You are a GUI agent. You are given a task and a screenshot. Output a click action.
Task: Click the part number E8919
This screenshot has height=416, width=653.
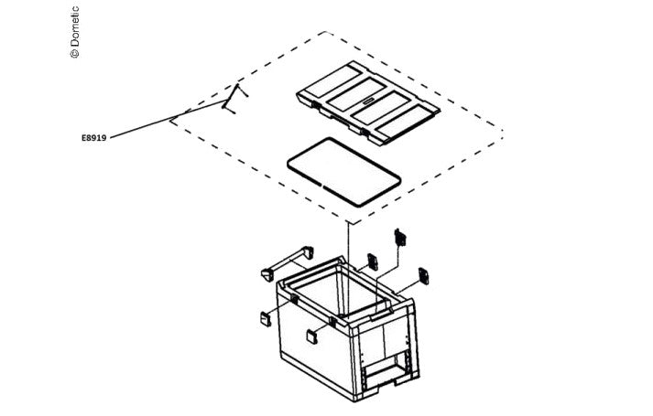(93, 137)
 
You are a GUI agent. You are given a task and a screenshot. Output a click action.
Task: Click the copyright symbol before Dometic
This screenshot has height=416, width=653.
(74, 54)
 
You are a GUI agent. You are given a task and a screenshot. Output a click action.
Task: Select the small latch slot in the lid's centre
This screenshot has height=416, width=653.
(369, 101)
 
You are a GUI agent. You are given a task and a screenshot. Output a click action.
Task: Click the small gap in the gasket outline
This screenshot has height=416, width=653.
(322, 183)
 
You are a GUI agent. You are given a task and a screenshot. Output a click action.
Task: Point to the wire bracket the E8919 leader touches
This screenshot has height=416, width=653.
(234, 99)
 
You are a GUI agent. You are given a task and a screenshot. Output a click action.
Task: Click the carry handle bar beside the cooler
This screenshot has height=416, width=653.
(288, 262)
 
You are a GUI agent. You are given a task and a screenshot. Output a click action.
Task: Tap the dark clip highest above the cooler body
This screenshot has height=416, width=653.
(400, 237)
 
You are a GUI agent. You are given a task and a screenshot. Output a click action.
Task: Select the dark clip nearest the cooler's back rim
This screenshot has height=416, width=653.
(373, 261)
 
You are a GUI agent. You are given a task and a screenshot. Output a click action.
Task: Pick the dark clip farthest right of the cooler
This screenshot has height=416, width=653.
(423, 276)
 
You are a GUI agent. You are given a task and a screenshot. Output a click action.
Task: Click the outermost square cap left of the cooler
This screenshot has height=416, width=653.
(266, 319)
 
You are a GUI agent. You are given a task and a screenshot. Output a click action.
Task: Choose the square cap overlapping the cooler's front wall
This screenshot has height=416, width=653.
(312, 336)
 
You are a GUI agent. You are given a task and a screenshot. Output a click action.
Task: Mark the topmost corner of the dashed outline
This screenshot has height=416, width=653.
(325, 32)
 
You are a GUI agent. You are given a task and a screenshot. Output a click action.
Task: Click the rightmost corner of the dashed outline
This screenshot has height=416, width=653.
(503, 132)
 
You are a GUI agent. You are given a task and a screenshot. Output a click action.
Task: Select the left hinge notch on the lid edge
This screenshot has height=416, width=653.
(316, 105)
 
